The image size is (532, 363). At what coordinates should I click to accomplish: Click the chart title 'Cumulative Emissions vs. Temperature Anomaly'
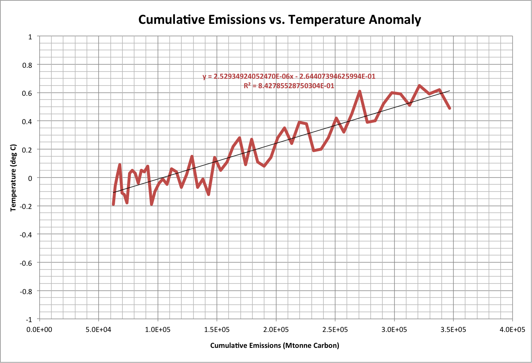[x=280, y=19]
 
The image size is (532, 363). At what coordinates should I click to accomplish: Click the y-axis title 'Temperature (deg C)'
[x=14, y=178]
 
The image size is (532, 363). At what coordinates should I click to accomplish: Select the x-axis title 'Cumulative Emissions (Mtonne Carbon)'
[x=275, y=345]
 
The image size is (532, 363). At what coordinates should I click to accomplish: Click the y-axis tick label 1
[x=30, y=37]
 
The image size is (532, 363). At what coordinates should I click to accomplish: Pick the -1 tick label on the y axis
[x=28, y=319]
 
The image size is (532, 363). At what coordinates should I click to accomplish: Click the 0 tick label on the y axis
[x=30, y=178]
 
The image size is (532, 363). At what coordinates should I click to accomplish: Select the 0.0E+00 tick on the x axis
[x=39, y=330]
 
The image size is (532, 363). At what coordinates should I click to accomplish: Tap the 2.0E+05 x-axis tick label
[x=276, y=330]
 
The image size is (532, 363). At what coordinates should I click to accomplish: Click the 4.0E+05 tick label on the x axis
[x=512, y=330]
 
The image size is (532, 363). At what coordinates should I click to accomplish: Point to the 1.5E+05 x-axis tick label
[x=217, y=330]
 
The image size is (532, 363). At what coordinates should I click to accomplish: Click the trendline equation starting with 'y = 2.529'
[x=289, y=76]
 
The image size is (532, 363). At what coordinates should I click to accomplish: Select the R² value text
[x=289, y=86]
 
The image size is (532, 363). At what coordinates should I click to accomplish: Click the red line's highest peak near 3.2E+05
[x=419, y=86]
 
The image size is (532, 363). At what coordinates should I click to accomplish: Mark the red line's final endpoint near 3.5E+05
[x=450, y=108]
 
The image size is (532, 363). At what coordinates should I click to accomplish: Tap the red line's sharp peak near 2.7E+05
[x=360, y=91]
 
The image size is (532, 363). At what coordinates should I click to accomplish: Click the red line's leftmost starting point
[x=113, y=204]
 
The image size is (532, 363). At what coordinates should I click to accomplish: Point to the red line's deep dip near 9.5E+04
[x=152, y=204]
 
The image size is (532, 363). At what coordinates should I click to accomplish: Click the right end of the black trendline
[x=450, y=91]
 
